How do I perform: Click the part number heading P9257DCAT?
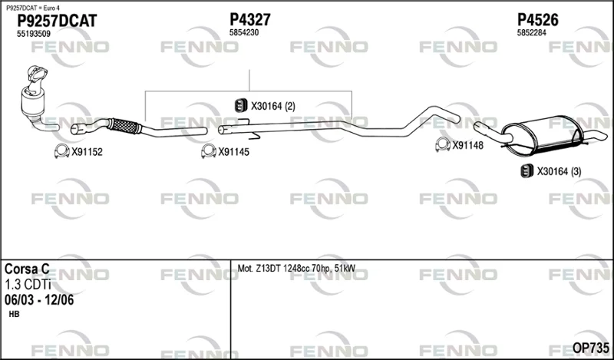pos(57,21)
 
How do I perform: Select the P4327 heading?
pos(250,20)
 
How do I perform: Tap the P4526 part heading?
pos(538,20)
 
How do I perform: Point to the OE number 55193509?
pos(33,34)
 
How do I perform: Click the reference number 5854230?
pos(244,33)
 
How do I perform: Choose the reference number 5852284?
pos(531,33)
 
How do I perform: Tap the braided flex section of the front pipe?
pos(124,126)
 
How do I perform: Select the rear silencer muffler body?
pos(543,134)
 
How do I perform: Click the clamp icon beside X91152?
pos(62,151)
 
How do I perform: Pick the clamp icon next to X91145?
pos(209,151)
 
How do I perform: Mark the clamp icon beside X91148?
pos(443,144)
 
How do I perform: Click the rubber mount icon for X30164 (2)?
pos(241,105)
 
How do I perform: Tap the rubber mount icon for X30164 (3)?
pos(527,171)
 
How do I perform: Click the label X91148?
pos(468,145)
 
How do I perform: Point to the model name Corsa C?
pos(27,269)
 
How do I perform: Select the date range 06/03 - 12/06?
pos(39,300)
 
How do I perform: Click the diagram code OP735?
pos(590,348)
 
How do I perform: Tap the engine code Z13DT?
pos(268,269)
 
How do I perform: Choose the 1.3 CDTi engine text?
pos(28,285)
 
